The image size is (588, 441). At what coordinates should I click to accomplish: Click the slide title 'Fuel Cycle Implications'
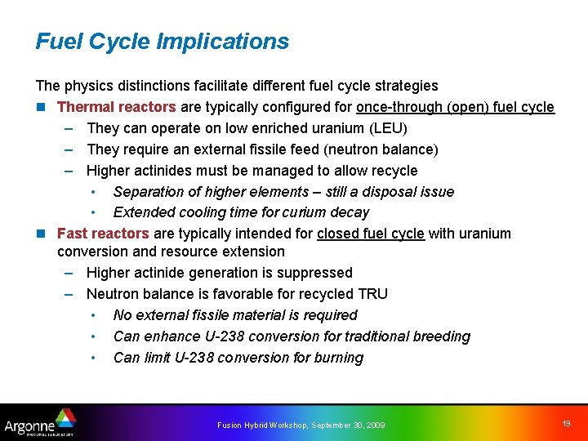[162, 42]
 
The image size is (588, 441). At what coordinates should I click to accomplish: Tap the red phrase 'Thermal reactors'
[116, 107]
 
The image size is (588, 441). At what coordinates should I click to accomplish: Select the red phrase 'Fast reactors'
[103, 234]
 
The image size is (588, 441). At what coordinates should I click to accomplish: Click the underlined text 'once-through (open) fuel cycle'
[456, 107]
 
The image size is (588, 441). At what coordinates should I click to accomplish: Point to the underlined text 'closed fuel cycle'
[371, 234]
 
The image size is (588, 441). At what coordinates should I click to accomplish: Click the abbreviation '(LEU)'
[389, 128]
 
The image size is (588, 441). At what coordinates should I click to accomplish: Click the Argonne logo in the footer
[39, 423]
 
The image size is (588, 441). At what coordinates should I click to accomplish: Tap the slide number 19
[566, 422]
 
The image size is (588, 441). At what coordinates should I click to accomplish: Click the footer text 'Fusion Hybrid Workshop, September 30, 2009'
[301, 425]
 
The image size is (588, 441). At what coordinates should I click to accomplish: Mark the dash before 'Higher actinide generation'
[69, 273]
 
